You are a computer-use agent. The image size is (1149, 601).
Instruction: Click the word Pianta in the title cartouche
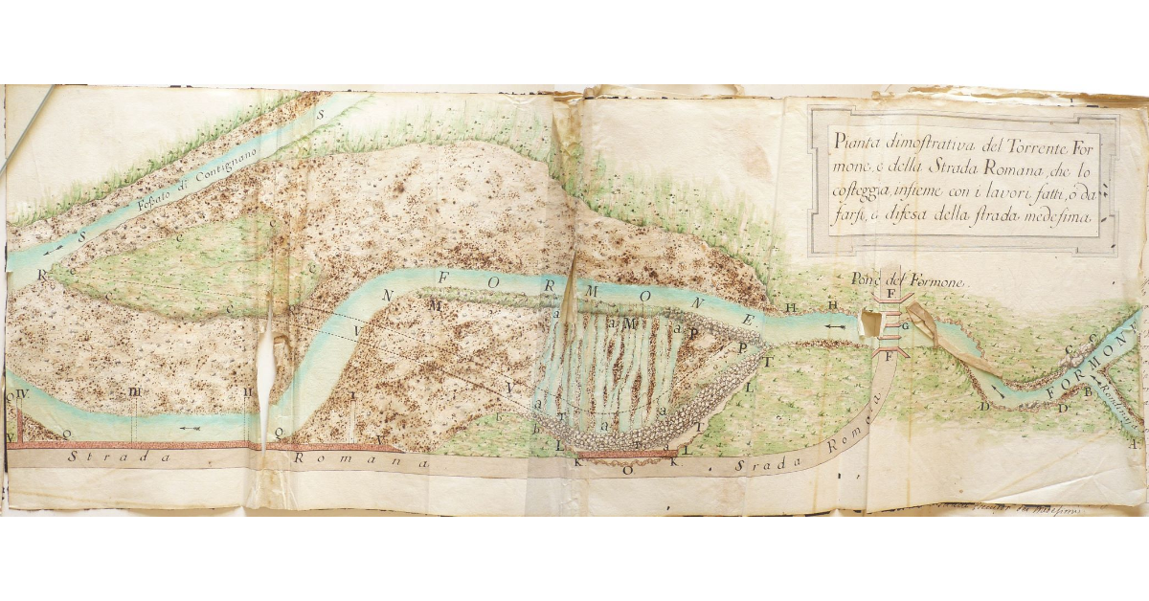(x=856, y=143)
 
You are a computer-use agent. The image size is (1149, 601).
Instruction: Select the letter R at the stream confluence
(x=42, y=273)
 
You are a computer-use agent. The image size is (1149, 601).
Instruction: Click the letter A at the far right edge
(x=1133, y=444)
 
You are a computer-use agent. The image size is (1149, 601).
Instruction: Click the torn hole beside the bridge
(x=874, y=325)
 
